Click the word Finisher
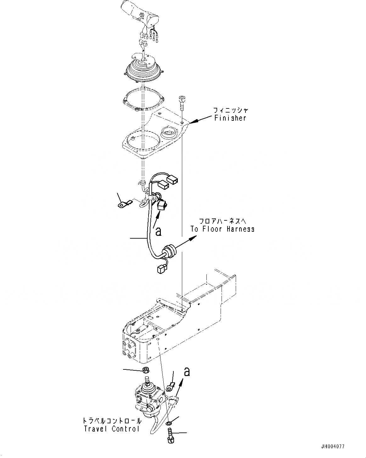click(x=230, y=118)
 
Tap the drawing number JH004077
click(x=332, y=447)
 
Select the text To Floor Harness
click(x=222, y=229)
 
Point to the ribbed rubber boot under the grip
click(x=144, y=70)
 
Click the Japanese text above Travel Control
click(x=111, y=421)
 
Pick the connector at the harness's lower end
click(x=160, y=269)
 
